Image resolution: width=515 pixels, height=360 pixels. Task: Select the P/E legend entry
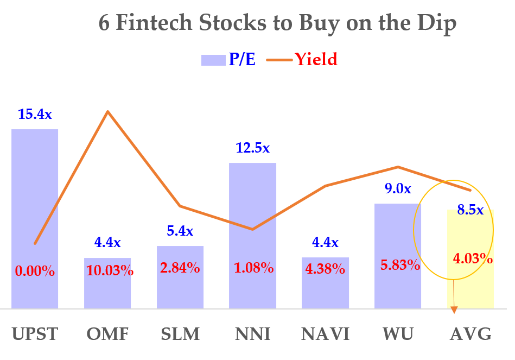[x=228, y=59]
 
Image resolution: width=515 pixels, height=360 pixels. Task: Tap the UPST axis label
[x=35, y=334]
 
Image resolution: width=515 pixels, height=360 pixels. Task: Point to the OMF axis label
[x=107, y=334]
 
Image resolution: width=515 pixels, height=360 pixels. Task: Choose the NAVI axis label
[x=325, y=334]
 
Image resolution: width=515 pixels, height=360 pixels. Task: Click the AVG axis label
[x=471, y=334]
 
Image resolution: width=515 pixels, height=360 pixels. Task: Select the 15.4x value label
[x=35, y=115]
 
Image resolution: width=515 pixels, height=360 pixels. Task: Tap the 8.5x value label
[x=470, y=210]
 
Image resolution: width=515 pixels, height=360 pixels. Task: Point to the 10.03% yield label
[x=110, y=270]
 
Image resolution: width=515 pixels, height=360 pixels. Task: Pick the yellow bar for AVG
[x=470, y=288]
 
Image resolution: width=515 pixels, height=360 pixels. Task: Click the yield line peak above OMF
[x=108, y=112]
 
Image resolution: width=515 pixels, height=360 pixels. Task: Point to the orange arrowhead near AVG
[x=454, y=310]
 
